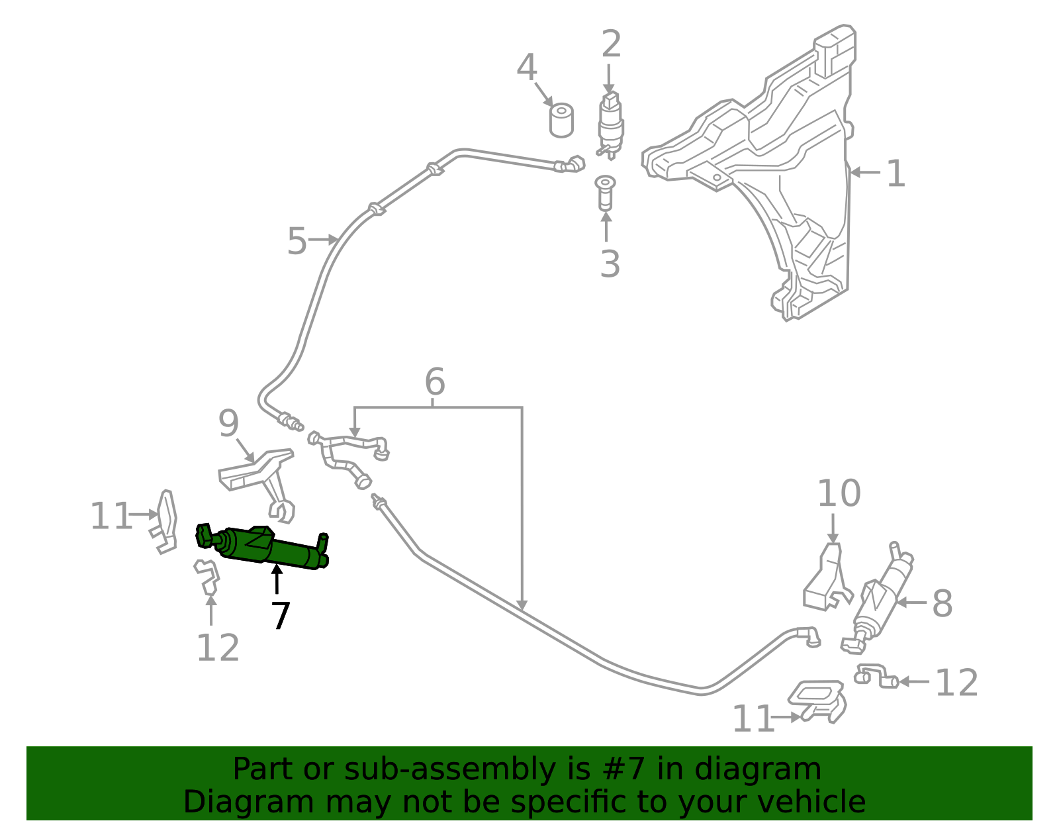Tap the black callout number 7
click(281, 616)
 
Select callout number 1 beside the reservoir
click(895, 173)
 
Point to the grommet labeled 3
click(605, 193)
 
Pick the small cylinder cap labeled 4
click(561, 121)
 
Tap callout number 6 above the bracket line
click(434, 382)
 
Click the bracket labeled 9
click(261, 477)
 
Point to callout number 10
click(839, 493)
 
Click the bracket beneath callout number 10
click(825, 579)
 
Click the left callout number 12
click(218, 648)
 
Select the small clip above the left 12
click(207, 575)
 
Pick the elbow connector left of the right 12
click(876, 677)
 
